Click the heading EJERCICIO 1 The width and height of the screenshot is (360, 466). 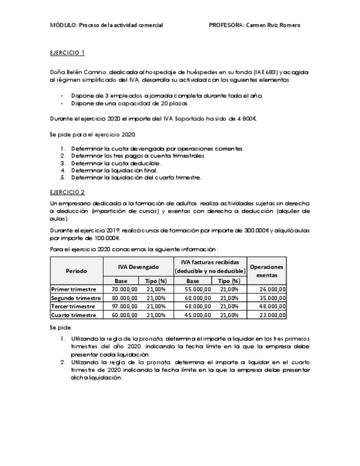point(67,53)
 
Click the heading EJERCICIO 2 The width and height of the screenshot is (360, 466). point(67,192)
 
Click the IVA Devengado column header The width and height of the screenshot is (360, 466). point(138,267)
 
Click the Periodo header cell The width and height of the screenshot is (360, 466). point(76,271)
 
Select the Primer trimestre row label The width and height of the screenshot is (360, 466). point(74,289)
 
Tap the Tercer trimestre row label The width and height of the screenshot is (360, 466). point(73,306)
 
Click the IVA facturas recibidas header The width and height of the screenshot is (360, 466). point(210,267)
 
